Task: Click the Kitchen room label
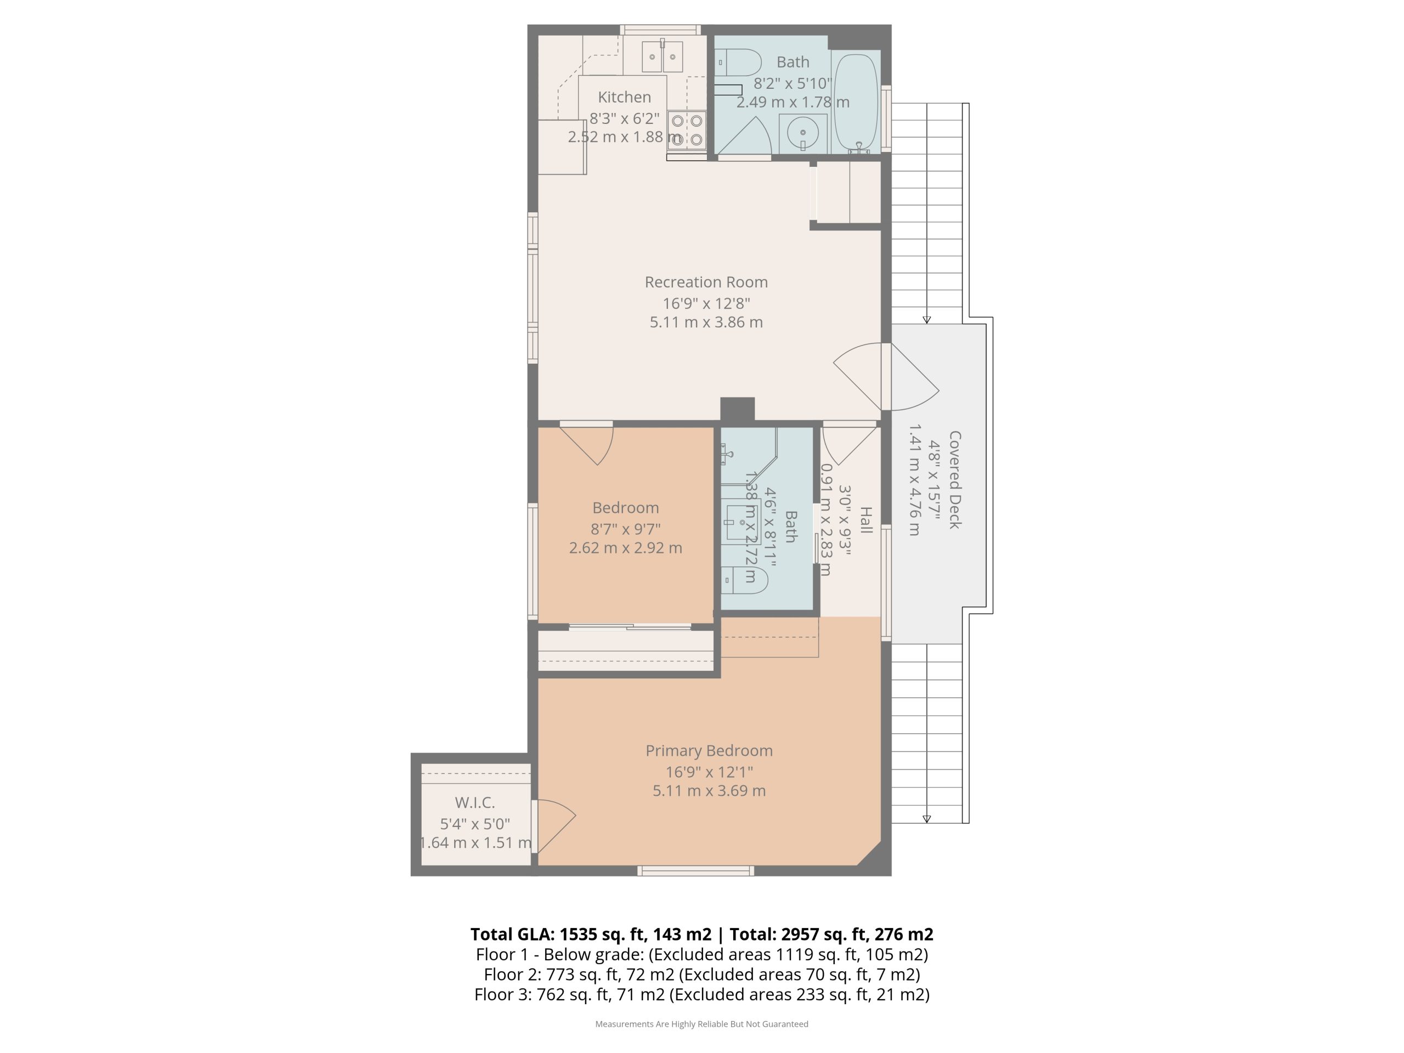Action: tap(624, 97)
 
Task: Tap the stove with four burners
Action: tap(687, 130)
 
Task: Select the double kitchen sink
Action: tap(662, 56)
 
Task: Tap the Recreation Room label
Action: tap(706, 282)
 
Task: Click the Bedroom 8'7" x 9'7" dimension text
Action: tap(625, 529)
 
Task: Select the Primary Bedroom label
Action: tap(709, 750)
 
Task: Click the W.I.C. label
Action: tap(475, 802)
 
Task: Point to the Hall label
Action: tap(866, 520)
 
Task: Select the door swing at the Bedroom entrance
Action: tap(587, 445)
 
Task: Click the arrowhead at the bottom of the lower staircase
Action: tap(927, 819)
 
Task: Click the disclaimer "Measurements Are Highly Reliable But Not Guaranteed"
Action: tap(701, 1024)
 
